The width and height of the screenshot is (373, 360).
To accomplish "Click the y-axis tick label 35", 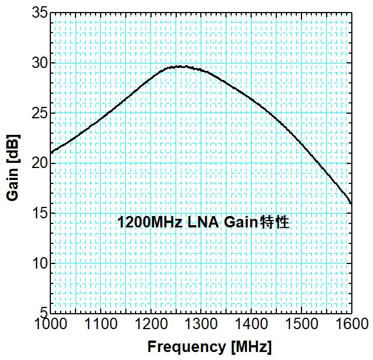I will (x=38, y=13).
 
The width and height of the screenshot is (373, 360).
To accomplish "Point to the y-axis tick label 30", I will (x=38, y=63).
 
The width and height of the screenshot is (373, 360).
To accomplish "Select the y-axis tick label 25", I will (x=38, y=113).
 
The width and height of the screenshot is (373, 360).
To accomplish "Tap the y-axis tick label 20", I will (x=38, y=163).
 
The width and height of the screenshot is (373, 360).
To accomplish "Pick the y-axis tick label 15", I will (x=38, y=214).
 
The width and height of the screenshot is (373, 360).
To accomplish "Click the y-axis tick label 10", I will (x=38, y=264).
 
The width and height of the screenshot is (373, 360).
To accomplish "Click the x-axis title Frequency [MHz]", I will (x=209, y=347).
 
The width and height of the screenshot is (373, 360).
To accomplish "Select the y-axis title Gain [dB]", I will (x=12, y=167).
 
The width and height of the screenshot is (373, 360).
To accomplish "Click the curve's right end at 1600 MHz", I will (x=351, y=203).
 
